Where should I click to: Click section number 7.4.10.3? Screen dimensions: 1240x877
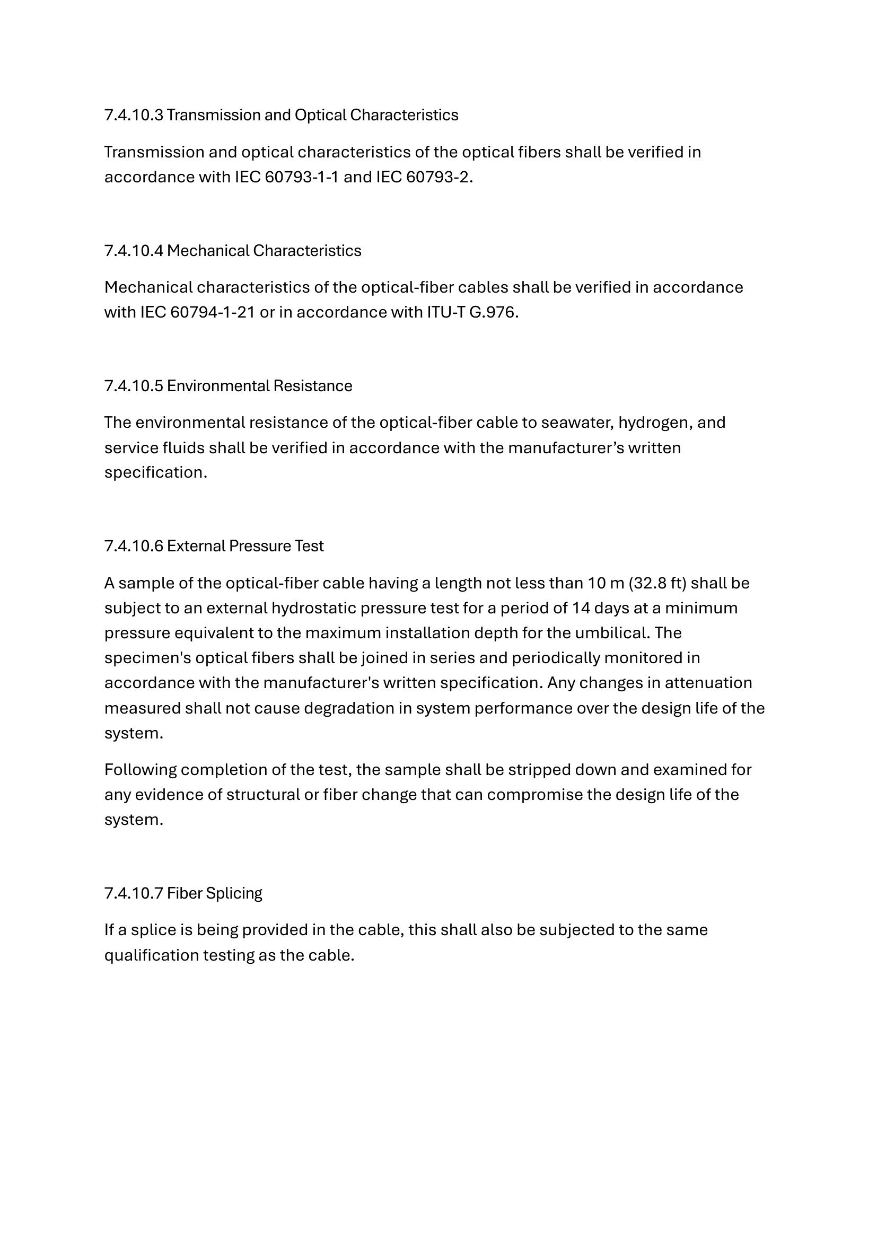point(134,115)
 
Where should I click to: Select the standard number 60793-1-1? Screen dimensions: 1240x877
point(301,177)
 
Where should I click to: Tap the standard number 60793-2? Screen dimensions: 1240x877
point(438,177)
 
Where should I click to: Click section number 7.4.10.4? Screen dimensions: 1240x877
point(134,251)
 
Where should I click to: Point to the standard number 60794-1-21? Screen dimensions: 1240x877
point(212,312)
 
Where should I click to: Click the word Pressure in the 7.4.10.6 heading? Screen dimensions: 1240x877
point(257,546)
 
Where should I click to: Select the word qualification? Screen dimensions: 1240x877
point(151,955)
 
